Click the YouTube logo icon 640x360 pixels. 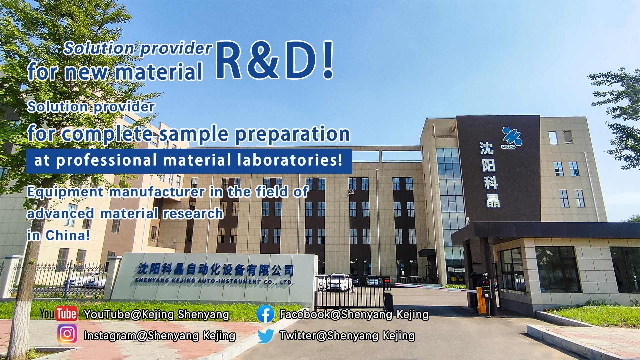pos(59,314)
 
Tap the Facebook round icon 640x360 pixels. pos(265,314)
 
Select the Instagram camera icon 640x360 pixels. pos(67,334)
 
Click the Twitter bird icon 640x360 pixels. pos(266,336)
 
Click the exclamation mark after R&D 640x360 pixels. pos(328,60)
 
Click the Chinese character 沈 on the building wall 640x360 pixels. pos(486,148)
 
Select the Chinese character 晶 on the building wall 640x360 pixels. pos(493,201)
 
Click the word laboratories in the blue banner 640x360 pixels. pos(290,160)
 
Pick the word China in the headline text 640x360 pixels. pos(68,235)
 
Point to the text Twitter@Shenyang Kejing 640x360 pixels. pos(347,336)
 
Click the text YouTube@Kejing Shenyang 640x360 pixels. pos(156,314)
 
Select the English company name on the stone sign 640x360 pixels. pos(214,281)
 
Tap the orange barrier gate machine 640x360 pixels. pos(482,301)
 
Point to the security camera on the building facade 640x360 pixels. pos(351,192)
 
